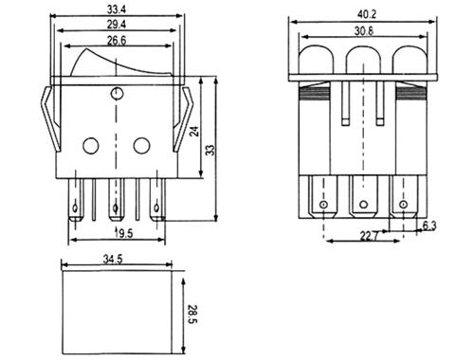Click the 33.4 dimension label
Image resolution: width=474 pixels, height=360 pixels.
(x=117, y=9)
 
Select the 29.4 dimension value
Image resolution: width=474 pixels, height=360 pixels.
(x=117, y=24)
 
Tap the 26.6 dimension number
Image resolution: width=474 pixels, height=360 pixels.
(x=117, y=41)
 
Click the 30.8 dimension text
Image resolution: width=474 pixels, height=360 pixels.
(x=364, y=31)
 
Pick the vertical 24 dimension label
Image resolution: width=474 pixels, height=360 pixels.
(x=194, y=131)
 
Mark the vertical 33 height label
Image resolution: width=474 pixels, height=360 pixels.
(x=210, y=150)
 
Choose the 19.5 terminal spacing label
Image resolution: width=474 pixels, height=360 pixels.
(x=123, y=234)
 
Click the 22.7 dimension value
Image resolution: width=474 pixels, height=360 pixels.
(x=369, y=236)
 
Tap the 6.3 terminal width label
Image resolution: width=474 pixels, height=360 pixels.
(x=429, y=225)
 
